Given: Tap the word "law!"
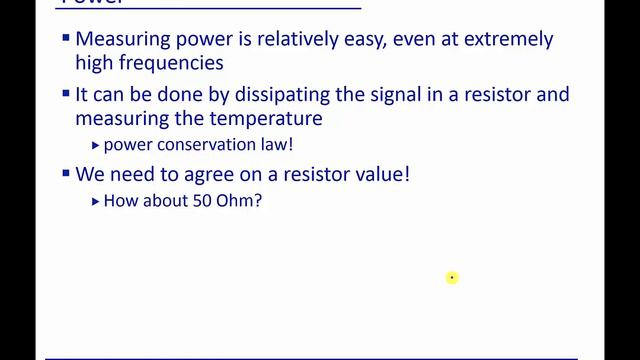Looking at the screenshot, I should (273, 145).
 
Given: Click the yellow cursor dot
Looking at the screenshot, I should (452, 277).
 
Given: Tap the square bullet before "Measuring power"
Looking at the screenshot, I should (66, 38).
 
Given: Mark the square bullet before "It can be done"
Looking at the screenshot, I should (66, 93).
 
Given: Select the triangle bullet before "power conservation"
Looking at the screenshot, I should (95, 145).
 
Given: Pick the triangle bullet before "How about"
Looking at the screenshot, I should (95, 200).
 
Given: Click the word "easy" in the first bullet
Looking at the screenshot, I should (361, 40).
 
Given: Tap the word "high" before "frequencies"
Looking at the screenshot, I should (95, 63).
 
